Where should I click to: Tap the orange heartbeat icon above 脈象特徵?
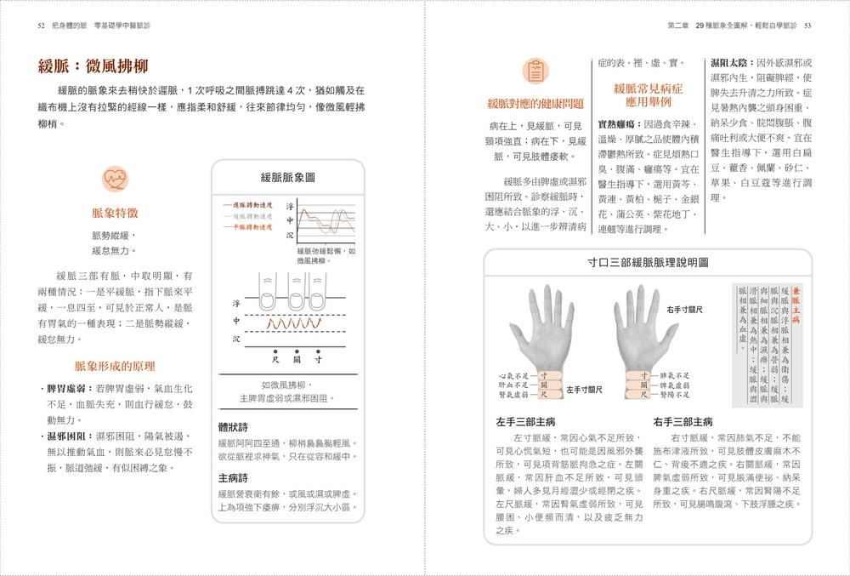(x=115, y=179)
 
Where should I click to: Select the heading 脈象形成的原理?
(x=115, y=366)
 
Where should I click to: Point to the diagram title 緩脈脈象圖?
(x=287, y=177)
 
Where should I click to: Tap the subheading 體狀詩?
(x=233, y=426)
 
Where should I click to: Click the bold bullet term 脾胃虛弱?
(x=70, y=389)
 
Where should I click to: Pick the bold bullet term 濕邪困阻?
(x=70, y=436)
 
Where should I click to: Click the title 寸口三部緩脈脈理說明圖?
(x=648, y=263)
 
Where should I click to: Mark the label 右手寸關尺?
(x=684, y=309)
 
